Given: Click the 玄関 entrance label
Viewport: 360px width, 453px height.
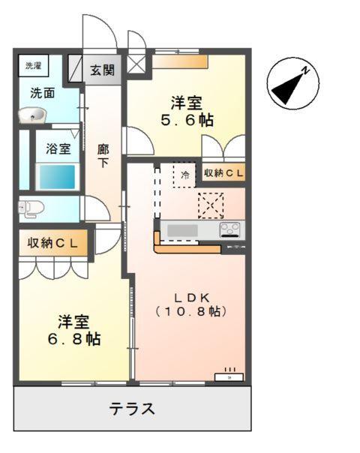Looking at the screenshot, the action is (102, 70).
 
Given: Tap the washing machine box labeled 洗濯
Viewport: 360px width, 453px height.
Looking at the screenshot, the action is (33, 66).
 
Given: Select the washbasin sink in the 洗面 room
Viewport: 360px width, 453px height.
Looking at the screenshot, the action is (32, 115).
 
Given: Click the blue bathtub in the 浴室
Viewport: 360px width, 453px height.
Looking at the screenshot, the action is (57, 177).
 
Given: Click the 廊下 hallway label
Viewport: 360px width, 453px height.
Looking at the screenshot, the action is (103, 156).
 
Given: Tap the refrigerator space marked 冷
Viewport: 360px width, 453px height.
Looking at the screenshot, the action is (184, 175).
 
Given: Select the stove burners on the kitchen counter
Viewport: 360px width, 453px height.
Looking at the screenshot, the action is (230, 230).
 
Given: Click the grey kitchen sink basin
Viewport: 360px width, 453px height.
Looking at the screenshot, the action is (182, 230).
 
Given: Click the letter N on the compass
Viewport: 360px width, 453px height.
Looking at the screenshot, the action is (305, 70).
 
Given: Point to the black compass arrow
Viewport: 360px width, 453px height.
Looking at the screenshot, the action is (287, 88).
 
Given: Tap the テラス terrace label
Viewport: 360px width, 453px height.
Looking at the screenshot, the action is (132, 409).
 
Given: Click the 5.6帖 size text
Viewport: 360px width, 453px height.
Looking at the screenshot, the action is (187, 120).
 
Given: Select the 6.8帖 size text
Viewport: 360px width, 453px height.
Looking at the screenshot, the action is (74, 338).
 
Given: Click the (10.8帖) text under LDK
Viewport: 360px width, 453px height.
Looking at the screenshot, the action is (190, 311).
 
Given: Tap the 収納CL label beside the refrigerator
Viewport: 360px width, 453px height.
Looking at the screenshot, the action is (223, 172).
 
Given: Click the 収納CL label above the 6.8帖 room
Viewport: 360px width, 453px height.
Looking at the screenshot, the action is (52, 243).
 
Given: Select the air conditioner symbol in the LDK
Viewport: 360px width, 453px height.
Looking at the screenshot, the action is (229, 376).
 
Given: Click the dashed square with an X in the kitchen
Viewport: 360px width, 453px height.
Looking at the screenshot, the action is (211, 205).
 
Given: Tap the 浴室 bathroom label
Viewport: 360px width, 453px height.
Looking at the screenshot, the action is (58, 148).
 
